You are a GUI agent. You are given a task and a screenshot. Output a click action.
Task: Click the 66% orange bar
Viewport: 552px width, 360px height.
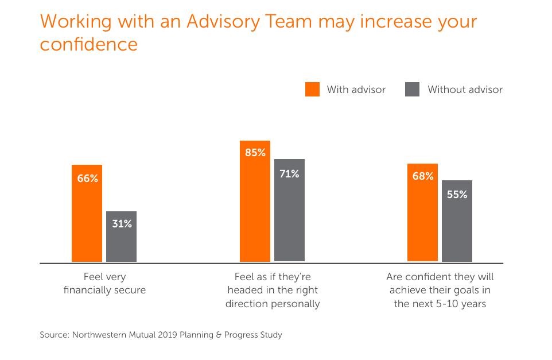[87, 213]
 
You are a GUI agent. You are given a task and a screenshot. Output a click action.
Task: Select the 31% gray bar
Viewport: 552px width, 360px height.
[122, 237]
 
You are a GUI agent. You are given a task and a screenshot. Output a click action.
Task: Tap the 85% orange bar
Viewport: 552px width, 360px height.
[255, 201]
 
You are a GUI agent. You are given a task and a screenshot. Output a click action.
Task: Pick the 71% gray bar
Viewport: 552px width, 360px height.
[289, 210]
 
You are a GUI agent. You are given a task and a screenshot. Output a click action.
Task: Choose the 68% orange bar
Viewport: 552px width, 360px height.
[422, 212]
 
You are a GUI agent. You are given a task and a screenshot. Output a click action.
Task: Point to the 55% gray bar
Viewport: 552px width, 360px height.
[457, 221]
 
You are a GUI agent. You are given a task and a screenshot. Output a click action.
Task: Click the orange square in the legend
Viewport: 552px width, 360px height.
[312, 89]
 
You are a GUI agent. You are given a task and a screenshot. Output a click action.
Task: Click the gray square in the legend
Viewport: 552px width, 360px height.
[412, 89]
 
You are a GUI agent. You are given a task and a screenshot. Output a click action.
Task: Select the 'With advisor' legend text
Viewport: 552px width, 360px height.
[356, 90]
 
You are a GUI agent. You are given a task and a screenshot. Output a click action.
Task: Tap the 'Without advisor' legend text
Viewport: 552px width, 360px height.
[465, 90]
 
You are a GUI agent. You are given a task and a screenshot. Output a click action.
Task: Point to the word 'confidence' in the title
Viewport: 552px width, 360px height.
[89, 44]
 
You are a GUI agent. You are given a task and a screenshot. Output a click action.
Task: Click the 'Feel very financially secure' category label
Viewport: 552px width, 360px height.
[104, 283]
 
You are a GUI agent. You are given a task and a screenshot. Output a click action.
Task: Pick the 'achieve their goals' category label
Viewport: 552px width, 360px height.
[440, 291]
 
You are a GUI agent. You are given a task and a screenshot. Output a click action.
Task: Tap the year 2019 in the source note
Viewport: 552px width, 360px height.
[167, 335]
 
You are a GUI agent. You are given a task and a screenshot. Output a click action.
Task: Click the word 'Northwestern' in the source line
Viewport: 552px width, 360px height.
[99, 335]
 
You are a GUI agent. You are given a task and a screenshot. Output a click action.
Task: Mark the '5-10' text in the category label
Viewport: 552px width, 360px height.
[446, 304]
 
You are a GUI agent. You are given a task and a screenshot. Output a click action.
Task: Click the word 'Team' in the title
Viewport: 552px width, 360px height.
[289, 21]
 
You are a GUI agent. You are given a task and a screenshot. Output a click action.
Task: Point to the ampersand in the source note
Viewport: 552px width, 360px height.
[219, 335]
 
